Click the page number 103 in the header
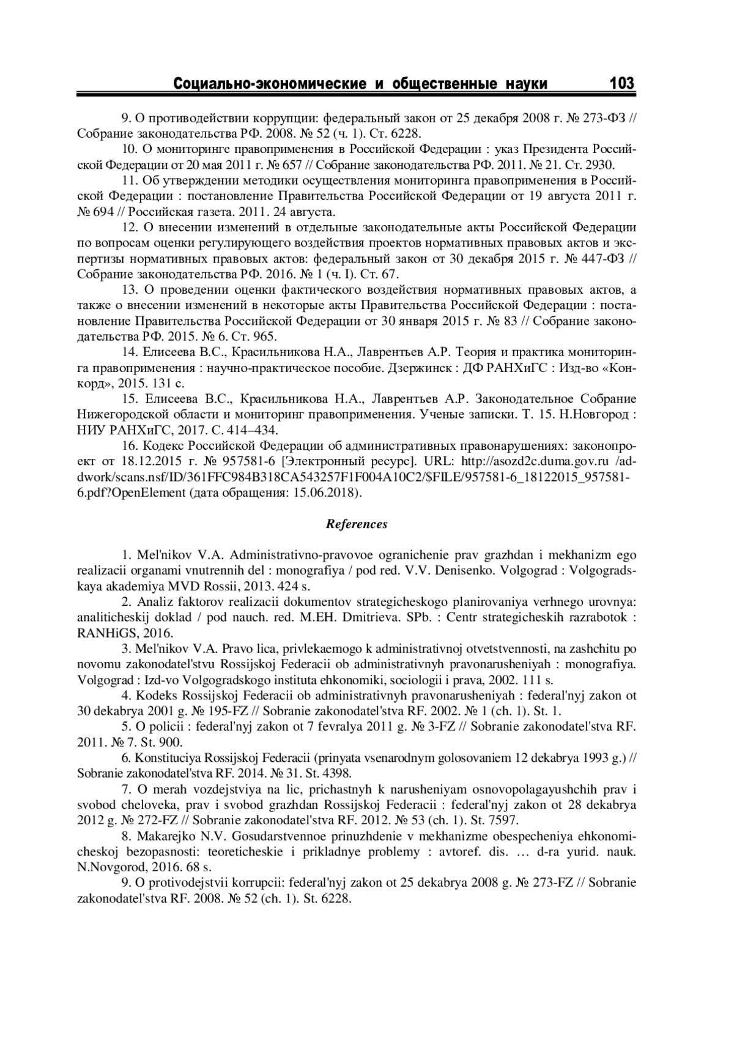point(621,83)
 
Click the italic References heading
point(357,524)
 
